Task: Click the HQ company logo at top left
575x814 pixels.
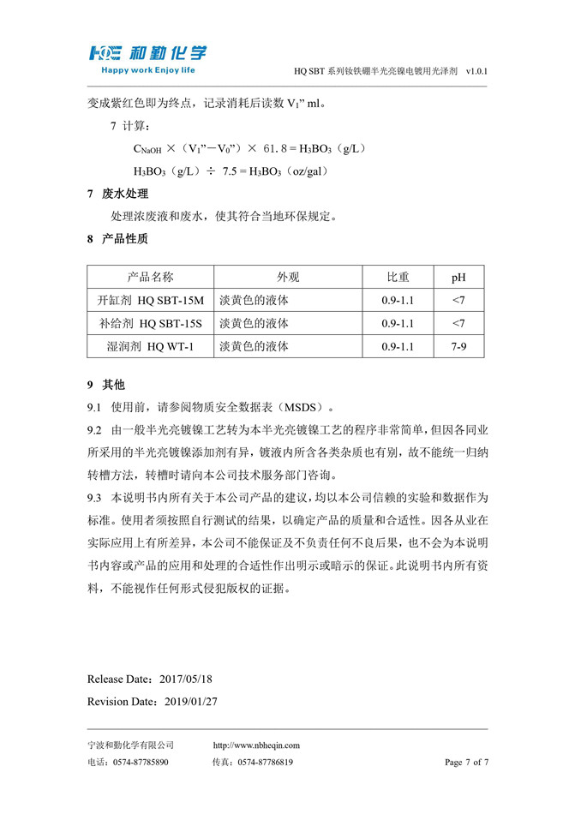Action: (146, 53)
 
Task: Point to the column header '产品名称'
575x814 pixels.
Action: (150, 277)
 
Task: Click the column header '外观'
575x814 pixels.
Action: (288, 277)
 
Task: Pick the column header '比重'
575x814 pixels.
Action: (398, 277)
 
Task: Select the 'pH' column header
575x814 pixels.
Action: (458, 278)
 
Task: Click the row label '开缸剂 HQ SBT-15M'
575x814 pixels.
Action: (151, 300)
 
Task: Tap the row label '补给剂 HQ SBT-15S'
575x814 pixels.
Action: (151, 323)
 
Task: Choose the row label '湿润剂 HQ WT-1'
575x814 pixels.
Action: (151, 346)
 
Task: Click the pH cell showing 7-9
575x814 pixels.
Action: (458, 346)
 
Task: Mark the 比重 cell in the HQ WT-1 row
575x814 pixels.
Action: (398, 346)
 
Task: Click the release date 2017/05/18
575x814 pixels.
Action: (186, 679)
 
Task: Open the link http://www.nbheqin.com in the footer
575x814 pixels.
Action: (256, 745)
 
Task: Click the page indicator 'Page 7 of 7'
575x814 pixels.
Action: (466, 762)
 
